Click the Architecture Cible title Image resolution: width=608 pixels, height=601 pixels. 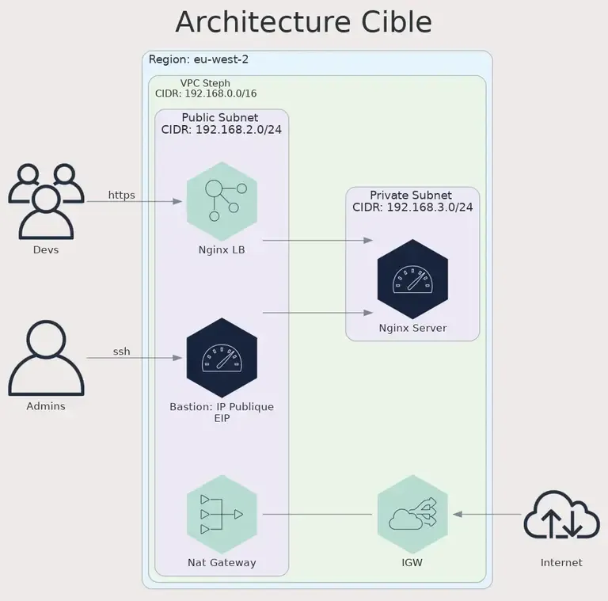click(x=303, y=22)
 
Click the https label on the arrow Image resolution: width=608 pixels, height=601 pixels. click(x=121, y=195)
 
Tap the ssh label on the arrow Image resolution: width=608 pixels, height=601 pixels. click(x=121, y=352)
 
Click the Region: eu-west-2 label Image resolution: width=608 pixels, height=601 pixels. click(x=199, y=59)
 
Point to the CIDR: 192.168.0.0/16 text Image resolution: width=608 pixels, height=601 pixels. click(x=206, y=93)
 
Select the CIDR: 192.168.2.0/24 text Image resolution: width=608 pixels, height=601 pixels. click(x=222, y=130)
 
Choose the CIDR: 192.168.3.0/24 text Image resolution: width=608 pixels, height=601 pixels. click(x=412, y=207)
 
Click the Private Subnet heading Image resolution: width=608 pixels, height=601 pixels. click(x=411, y=195)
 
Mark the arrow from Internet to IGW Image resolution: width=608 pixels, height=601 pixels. click(x=487, y=515)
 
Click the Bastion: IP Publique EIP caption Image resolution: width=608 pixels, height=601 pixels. click(x=222, y=413)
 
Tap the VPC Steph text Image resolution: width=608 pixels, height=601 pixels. click(x=205, y=83)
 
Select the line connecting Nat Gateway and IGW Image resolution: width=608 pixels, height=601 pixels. click(x=317, y=515)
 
